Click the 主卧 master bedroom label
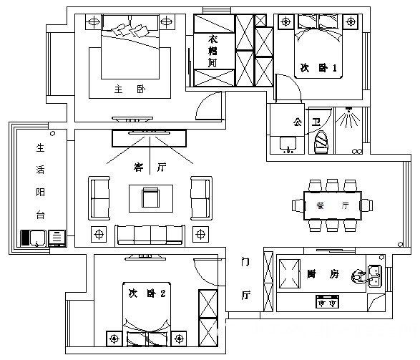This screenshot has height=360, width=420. (130, 89)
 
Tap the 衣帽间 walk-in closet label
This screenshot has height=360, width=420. (213, 51)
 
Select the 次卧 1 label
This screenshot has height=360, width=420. (318, 68)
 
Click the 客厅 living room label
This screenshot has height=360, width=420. (150, 167)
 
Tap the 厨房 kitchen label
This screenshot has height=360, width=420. (323, 274)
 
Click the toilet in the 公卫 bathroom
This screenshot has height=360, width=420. (321, 142)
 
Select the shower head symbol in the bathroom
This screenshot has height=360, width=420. (348, 117)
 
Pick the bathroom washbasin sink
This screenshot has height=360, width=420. (288, 145)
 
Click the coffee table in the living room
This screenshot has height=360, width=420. (151, 198)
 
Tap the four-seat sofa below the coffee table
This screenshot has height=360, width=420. (150, 235)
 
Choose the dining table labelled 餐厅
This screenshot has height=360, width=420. (333, 205)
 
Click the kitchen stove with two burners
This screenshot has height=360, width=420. (327, 301)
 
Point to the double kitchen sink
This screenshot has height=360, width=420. (375, 276)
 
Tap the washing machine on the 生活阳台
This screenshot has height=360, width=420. (34, 238)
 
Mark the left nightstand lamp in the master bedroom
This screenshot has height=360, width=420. (94, 21)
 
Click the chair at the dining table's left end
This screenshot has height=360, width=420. (298, 205)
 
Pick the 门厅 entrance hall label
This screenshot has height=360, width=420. (245, 278)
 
